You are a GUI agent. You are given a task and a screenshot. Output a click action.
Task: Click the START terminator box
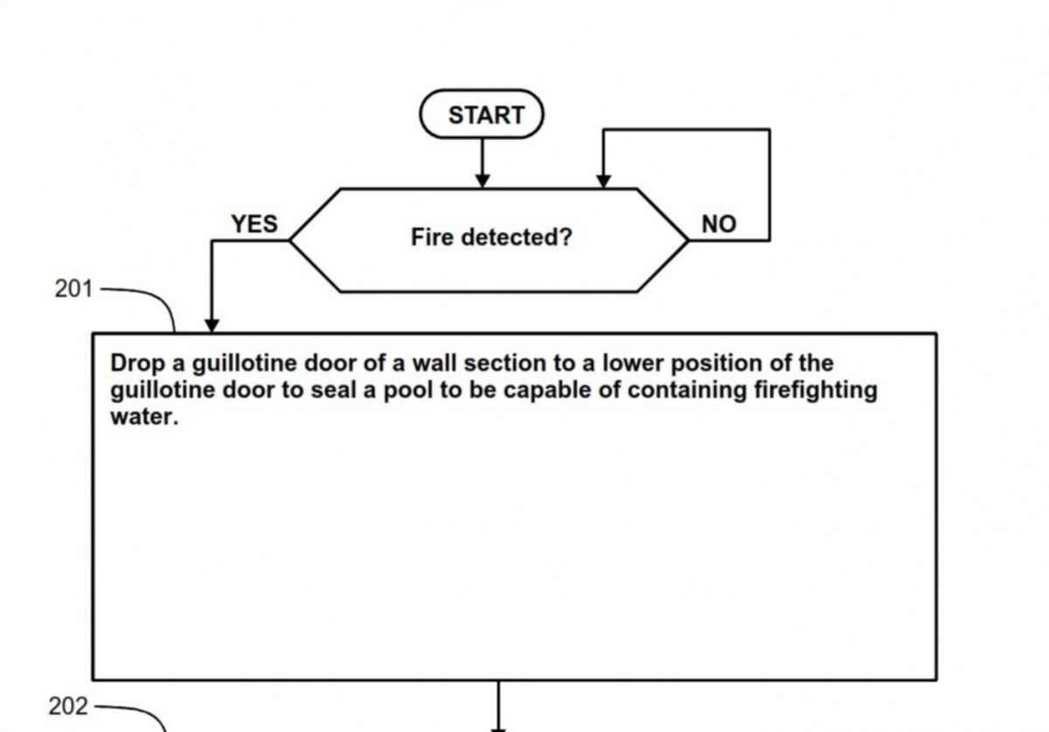482,115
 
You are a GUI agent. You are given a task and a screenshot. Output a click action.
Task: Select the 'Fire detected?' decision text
491,237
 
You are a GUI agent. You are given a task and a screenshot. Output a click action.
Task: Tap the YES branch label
254,224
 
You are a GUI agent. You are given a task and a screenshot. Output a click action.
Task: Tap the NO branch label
719,225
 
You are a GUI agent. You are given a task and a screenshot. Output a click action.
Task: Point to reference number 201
73,289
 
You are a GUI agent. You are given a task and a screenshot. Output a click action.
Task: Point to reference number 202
68,706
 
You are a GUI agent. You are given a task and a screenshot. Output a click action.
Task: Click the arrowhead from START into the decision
482,180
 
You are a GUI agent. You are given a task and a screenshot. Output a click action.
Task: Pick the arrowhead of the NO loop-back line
603,180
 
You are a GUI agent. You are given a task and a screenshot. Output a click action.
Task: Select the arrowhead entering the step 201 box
212,324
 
